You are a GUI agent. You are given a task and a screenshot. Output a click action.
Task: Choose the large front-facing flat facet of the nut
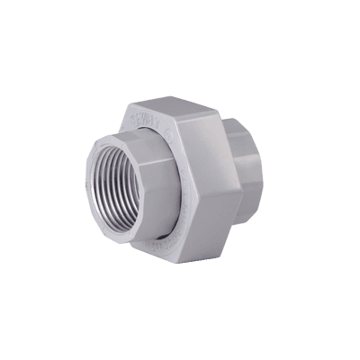click(202, 180)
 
